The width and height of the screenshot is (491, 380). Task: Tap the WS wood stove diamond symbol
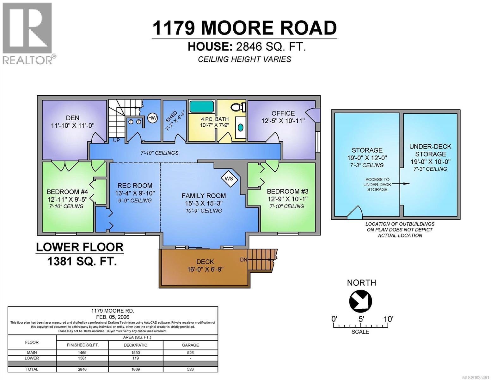pyautogui.click(x=229, y=179)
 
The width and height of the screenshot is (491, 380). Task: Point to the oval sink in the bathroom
pyautogui.click(x=241, y=128)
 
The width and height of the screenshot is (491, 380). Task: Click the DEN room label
pyautogui.click(x=73, y=118)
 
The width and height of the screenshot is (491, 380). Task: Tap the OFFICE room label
pyautogui.click(x=283, y=113)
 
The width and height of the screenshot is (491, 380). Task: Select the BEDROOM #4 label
pyautogui.click(x=67, y=192)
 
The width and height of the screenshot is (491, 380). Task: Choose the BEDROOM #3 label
pyautogui.click(x=287, y=191)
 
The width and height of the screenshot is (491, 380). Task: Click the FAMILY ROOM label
pyautogui.click(x=204, y=196)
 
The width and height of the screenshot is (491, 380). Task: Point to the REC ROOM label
pyautogui.click(x=135, y=186)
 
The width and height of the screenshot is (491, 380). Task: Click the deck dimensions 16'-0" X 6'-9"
pyautogui.click(x=205, y=269)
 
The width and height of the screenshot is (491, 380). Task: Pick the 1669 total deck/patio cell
pyautogui.click(x=136, y=369)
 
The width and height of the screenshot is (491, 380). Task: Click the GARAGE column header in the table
pyautogui.click(x=190, y=345)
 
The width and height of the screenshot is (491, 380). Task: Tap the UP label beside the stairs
pyautogui.click(x=116, y=140)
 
